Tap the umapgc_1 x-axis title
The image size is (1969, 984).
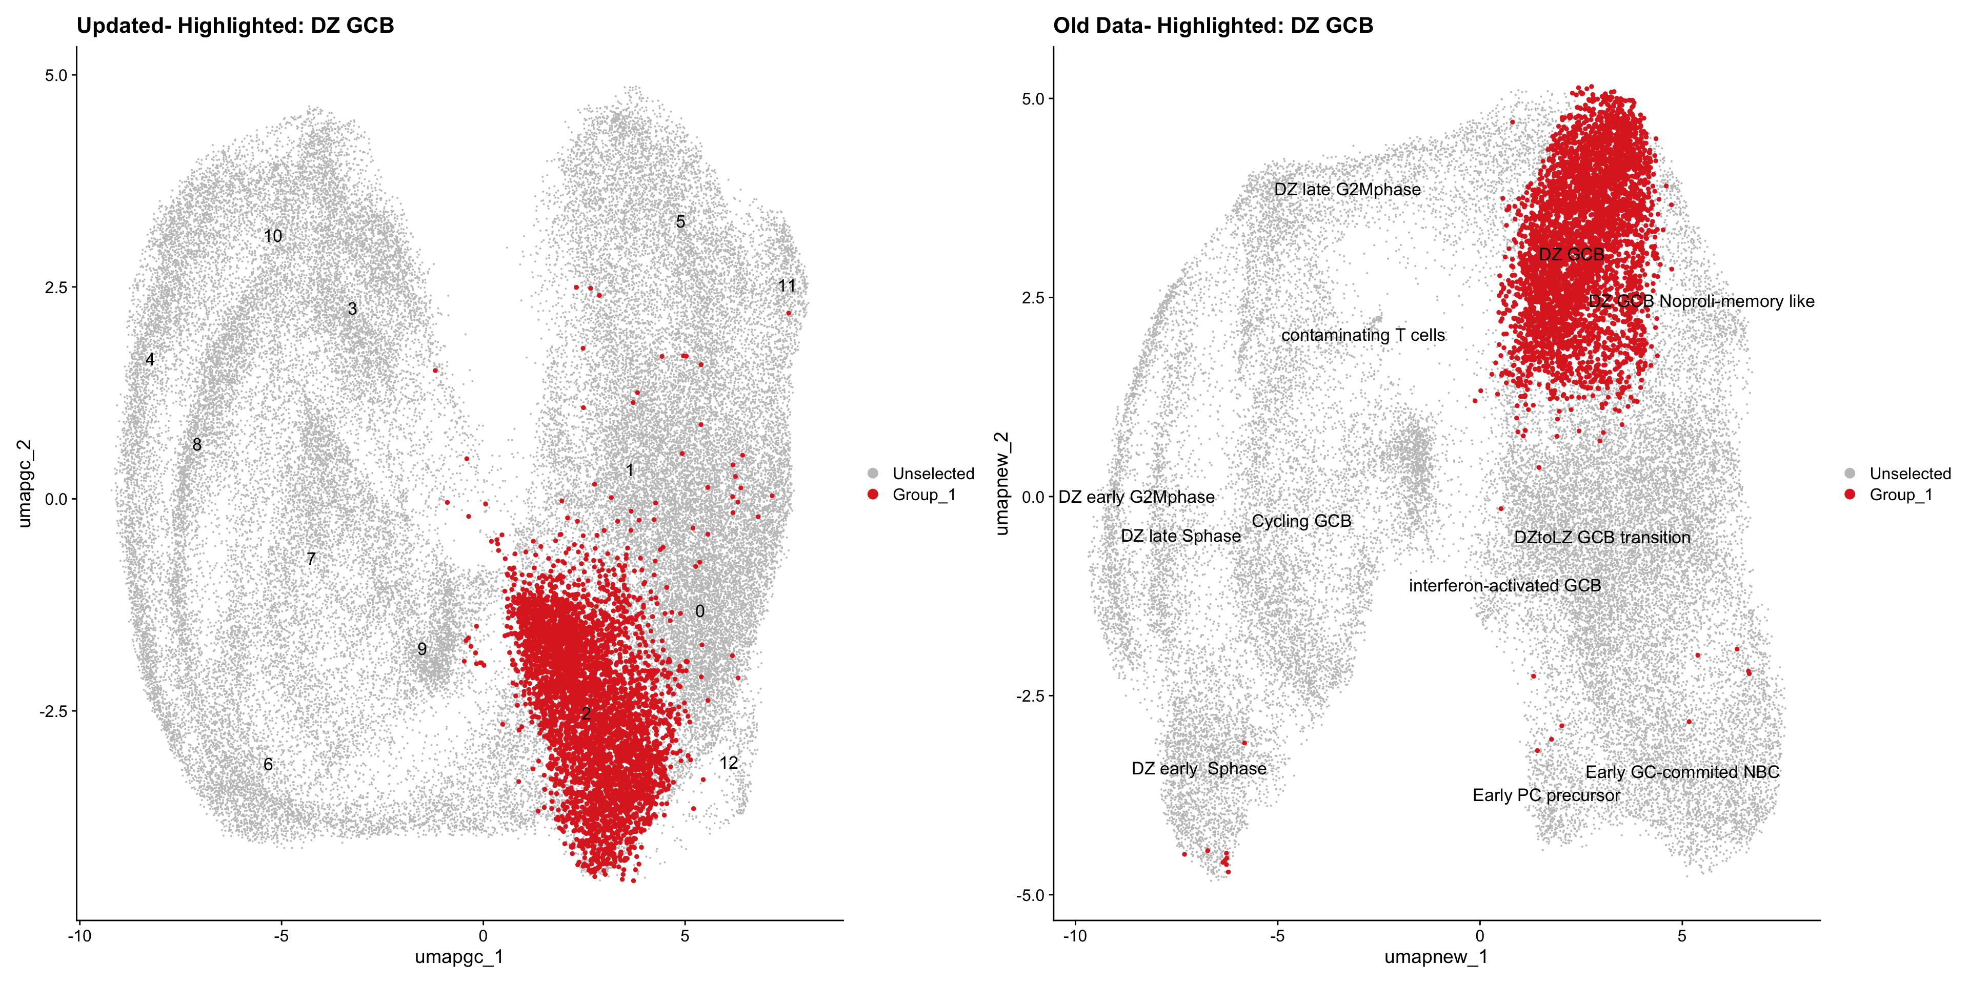coord(458,956)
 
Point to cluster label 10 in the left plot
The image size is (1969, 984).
coord(273,236)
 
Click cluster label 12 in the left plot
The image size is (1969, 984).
coord(729,763)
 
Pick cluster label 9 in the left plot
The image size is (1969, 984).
coord(422,649)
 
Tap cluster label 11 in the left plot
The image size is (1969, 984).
coord(787,286)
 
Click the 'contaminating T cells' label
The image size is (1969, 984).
coord(1363,335)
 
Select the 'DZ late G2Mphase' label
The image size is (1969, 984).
coord(1347,190)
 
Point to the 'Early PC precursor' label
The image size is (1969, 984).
coord(1545,795)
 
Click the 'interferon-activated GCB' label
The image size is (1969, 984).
coord(1504,585)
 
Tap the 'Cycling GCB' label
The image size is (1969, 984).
coord(1301,521)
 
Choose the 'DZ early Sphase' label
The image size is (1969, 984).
coord(1198,769)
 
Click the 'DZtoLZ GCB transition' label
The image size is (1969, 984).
coord(1602,537)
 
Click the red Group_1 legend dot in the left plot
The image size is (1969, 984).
coord(873,494)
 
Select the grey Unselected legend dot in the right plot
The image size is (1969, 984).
coord(1850,474)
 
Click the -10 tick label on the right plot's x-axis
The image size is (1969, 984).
coord(1075,936)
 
